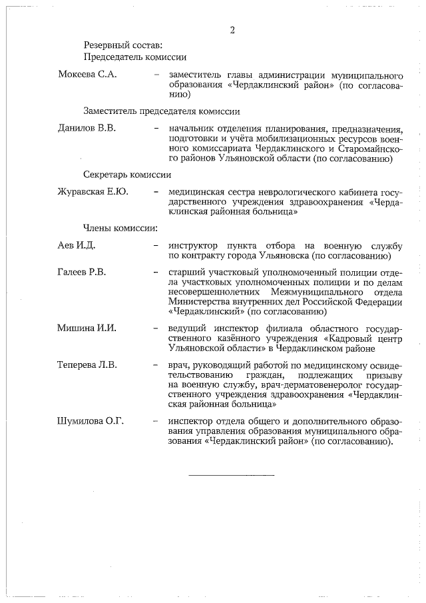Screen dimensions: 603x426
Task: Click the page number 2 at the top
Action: pyautogui.click(x=232, y=30)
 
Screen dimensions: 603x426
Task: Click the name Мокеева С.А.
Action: pyautogui.click(x=87, y=74)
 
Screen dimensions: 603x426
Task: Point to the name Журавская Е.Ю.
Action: pyautogui.click(x=93, y=192)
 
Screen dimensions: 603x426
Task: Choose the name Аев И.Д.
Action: pyautogui.click(x=77, y=246)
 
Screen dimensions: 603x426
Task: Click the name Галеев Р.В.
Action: pyautogui.click(x=82, y=272)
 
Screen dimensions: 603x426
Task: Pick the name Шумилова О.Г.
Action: pyautogui.click(x=91, y=421)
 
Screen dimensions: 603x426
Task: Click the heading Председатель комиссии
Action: pyautogui.click(x=134, y=57)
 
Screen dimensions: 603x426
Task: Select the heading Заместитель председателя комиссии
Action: pyautogui.click(x=161, y=111)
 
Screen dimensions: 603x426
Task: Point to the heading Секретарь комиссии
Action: pyautogui.click(x=127, y=175)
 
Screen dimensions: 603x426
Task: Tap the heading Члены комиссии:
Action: pyautogui.click(x=120, y=229)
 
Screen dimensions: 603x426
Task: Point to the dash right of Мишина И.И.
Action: pyautogui.click(x=156, y=329)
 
